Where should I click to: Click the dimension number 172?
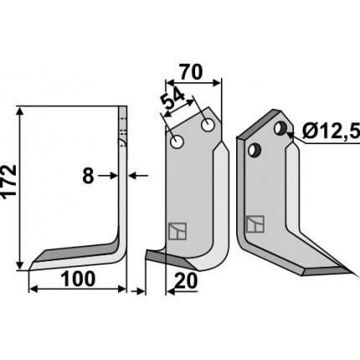click(9, 183)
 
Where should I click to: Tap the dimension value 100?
click(78, 279)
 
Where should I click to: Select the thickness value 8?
click(88, 176)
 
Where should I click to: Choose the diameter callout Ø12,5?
click(332, 131)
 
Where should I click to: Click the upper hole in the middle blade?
click(208, 125)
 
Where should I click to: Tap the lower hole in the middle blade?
click(177, 142)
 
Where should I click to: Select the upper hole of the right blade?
click(280, 128)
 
